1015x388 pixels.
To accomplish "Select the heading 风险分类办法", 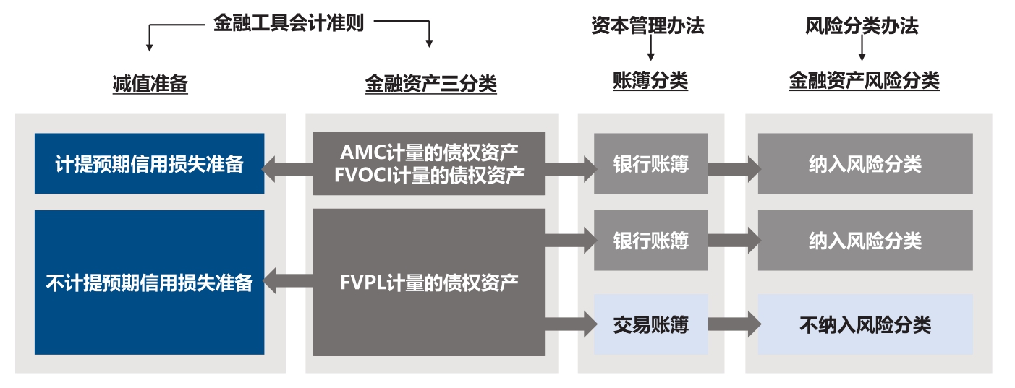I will (x=861, y=27).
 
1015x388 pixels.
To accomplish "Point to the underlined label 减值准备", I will (x=150, y=85).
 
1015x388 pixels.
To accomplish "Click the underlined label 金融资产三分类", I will (x=430, y=85).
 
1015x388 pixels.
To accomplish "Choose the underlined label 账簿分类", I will (x=650, y=81).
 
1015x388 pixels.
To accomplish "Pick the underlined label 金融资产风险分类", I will (x=864, y=81).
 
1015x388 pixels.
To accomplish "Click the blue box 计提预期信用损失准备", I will (x=149, y=164).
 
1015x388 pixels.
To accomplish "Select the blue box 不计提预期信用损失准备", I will (x=149, y=283).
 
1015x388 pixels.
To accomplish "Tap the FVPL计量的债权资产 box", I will (x=428, y=283).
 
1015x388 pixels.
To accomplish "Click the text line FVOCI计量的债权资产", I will (x=430, y=175).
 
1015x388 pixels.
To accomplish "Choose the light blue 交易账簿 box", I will (x=650, y=324).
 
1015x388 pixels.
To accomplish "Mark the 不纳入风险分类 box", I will (x=865, y=324).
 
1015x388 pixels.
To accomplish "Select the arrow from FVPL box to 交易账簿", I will (x=569, y=324).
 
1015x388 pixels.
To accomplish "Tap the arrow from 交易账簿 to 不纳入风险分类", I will (x=733, y=324).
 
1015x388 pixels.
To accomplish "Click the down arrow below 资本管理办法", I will (x=650, y=50).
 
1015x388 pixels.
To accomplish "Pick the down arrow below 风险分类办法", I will (x=862, y=50).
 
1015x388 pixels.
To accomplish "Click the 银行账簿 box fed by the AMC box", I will (x=650, y=164).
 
